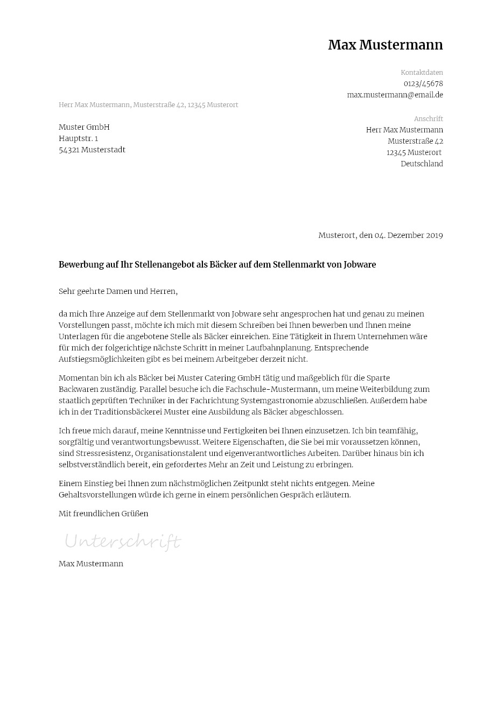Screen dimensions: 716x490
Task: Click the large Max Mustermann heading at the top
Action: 385,45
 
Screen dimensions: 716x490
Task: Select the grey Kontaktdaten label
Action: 422,73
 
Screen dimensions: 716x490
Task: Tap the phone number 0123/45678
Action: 423,84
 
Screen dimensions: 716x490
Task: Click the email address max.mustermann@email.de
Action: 395,95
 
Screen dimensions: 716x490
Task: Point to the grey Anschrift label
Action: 428,119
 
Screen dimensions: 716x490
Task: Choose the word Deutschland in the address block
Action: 422,164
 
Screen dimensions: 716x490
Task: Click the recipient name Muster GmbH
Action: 84,128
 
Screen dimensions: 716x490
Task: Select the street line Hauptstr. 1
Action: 78,139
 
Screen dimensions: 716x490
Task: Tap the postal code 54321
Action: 69,150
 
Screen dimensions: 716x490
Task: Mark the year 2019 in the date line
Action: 434,236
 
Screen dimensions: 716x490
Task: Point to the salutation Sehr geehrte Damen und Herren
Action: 118,292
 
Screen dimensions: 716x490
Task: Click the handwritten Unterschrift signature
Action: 123,541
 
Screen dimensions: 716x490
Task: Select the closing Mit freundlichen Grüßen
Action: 103,514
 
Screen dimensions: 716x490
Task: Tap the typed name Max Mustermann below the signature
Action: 91,564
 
